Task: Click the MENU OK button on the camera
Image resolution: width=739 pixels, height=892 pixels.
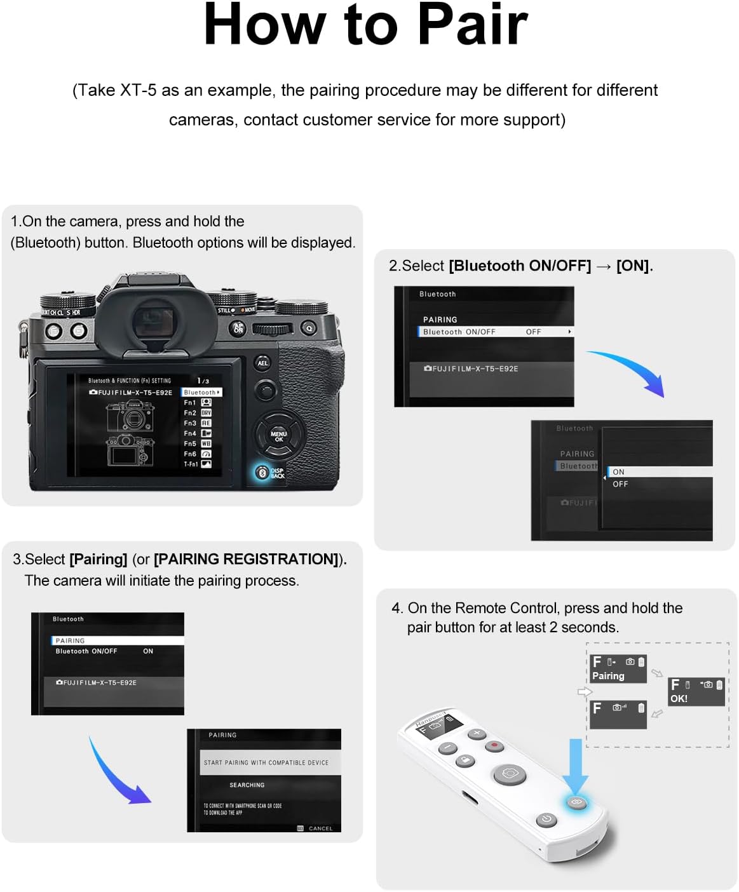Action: point(278,436)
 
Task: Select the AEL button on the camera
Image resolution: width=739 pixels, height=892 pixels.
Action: point(262,363)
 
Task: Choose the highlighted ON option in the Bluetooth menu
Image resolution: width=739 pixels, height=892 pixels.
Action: point(618,472)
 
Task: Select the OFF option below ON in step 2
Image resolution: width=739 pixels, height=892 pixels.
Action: point(620,484)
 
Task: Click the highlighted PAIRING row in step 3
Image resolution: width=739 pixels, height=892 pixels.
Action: point(70,640)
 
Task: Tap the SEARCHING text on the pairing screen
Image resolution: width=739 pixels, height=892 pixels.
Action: point(247,785)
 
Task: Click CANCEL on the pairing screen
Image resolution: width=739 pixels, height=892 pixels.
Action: point(320,828)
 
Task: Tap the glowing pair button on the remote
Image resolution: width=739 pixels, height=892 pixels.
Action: point(576,803)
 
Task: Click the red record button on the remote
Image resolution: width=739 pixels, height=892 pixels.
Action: point(494,745)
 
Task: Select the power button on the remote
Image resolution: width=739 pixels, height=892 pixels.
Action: point(546,820)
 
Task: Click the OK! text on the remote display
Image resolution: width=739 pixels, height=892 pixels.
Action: point(679,698)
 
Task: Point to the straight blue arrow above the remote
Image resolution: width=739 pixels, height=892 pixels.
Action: point(576,762)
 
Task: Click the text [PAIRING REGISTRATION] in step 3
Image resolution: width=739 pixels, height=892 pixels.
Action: point(247,559)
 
